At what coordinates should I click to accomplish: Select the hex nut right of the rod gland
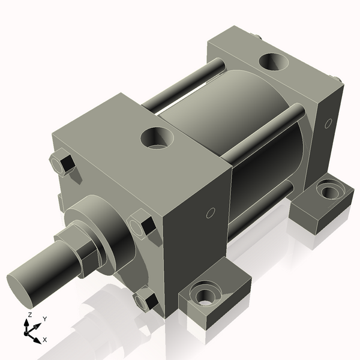pyautogui.click(x=144, y=225)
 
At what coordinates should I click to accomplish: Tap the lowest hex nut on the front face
pyautogui.click(x=144, y=299)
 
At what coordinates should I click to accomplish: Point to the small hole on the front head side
pyautogui.click(x=210, y=213)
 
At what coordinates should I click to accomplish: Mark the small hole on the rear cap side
pyautogui.click(x=328, y=124)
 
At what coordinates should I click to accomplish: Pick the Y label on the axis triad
pyautogui.click(x=45, y=319)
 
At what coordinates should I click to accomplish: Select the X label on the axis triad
pyautogui.click(x=45, y=340)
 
